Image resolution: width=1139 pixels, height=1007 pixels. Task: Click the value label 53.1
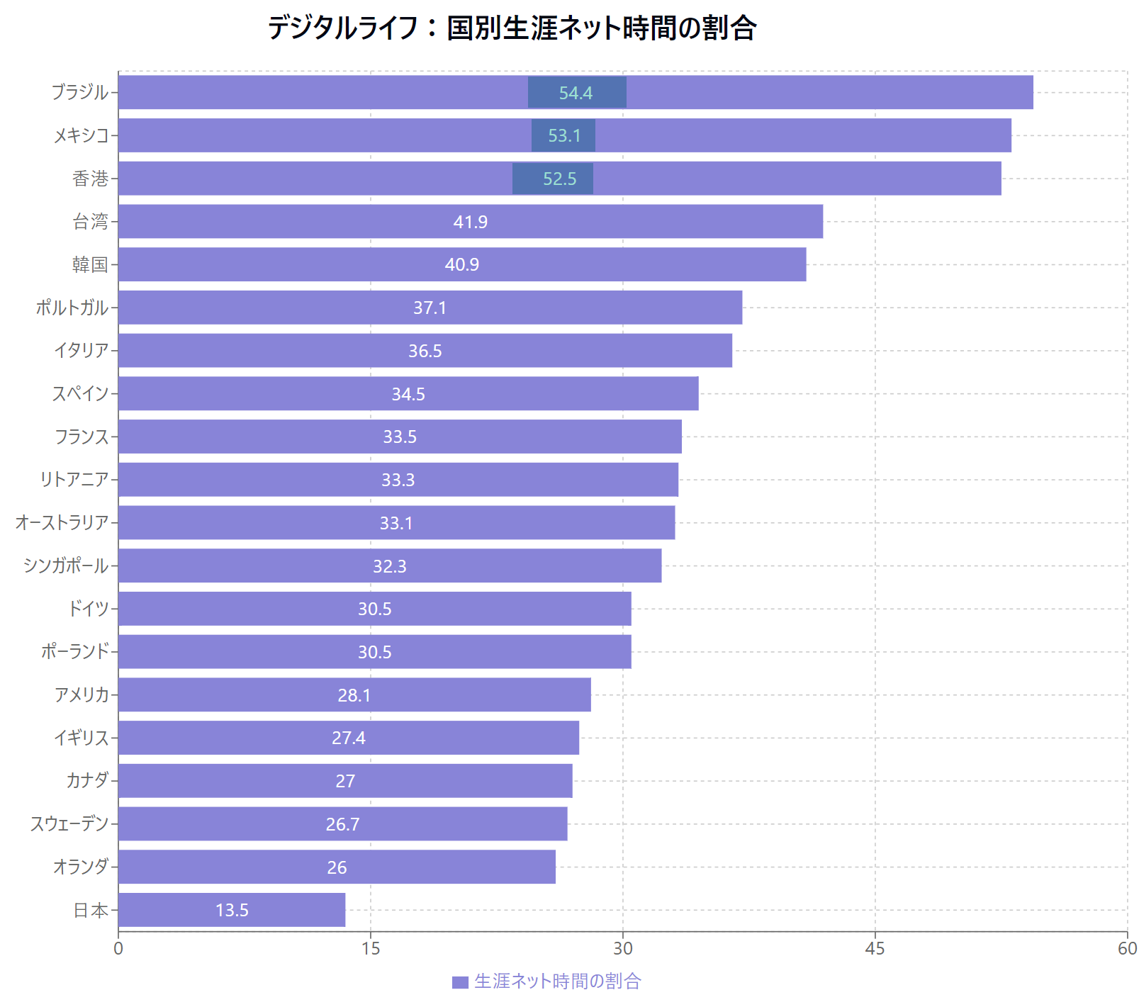click(x=564, y=135)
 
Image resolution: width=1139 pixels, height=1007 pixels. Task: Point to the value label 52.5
click(x=559, y=179)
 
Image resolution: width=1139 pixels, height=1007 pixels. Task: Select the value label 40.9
click(x=461, y=264)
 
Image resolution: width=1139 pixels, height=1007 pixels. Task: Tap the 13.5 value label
click(x=232, y=910)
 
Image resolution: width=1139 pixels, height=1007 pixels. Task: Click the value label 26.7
click(x=342, y=824)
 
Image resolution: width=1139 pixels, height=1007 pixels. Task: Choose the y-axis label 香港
click(x=90, y=179)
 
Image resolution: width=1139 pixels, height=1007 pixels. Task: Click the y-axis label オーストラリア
click(x=62, y=523)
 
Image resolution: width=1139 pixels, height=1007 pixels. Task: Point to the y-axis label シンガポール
click(x=66, y=566)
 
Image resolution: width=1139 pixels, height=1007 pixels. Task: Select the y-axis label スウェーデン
click(x=69, y=824)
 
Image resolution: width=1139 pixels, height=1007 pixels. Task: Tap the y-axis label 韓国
click(x=90, y=264)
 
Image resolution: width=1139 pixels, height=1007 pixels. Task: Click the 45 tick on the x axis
click(x=875, y=949)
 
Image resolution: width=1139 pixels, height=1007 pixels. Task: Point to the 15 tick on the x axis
click(x=371, y=949)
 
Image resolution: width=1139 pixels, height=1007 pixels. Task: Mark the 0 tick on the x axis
click(x=118, y=949)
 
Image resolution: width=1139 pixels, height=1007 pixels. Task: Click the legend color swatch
click(x=460, y=982)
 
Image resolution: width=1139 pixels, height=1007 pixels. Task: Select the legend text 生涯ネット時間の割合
click(x=558, y=981)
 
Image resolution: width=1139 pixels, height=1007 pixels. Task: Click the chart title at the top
click(x=512, y=28)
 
